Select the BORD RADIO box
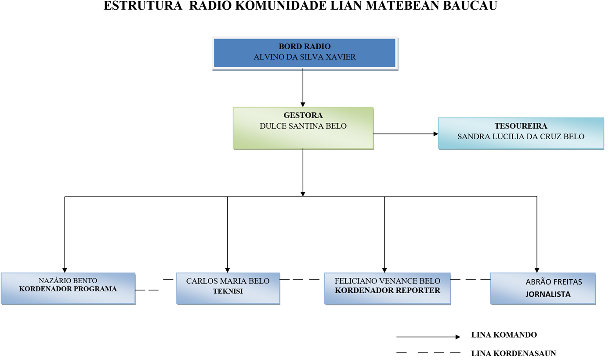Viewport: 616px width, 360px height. pyautogui.click(x=304, y=53)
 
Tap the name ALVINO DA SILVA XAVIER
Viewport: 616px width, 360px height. pyautogui.click(x=304, y=57)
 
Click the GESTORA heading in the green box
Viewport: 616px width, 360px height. pyautogui.click(x=303, y=115)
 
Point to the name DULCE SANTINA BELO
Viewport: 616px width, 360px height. pyautogui.click(x=303, y=126)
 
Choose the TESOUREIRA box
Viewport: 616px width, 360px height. pyautogui.click(x=521, y=133)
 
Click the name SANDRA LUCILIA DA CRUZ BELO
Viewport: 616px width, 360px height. pyautogui.click(x=521, y=137)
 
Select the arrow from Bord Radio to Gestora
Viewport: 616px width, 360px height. pyautogui.click(x=303, y=88)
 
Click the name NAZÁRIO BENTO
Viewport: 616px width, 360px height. pyautogui.click(x=68, y=281)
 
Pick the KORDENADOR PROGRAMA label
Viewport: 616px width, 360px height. pyautogui.click(x=68, y=289)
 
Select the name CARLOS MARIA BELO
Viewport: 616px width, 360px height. pyautogui.click(x=228, y=281)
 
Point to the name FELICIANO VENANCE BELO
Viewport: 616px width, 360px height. pyautogui.click(x=387, y=281)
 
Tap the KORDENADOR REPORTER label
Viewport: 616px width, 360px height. pyautogui.click(x=388, y=290)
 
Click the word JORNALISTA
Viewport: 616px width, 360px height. pyautogui.click(x=548, y=294)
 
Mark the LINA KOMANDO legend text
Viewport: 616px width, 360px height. pyautogui.click(x=504, y=335)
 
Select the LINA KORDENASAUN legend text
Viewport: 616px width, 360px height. pyautogui.click(x=513, y=353)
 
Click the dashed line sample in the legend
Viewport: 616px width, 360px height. pyautogui.click(x=428, y=353)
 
